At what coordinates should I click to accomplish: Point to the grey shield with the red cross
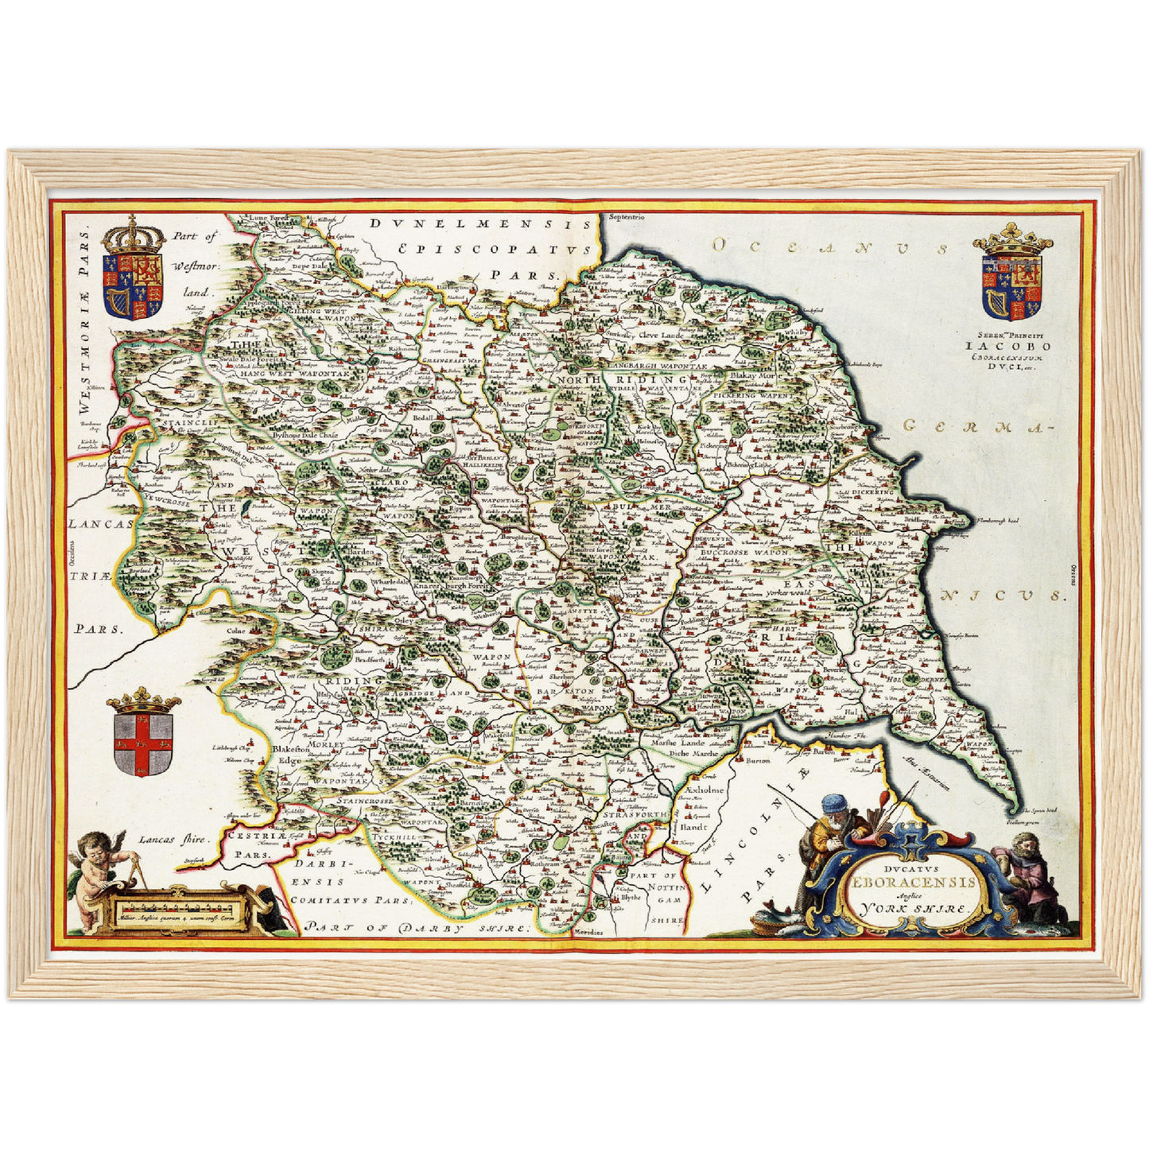coord(144,743)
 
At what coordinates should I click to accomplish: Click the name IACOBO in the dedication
coord(1007,346)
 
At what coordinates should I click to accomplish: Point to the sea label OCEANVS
coord(831,247)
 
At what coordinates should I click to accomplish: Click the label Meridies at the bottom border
coord(589,931)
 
